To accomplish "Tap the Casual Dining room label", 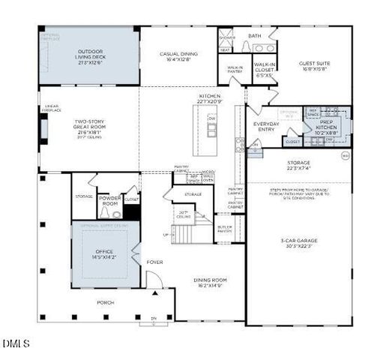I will point(178,58).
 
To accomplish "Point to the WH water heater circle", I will point(346,156).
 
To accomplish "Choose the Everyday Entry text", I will point(266,127).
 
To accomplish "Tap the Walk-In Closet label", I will point(265,70).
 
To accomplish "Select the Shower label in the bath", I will point(226,36).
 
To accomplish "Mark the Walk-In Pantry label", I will point(235,70).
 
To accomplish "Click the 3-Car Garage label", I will point(298,243).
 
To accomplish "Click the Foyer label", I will point(154,262).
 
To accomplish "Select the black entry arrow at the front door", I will point(155,293).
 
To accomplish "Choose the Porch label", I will point(105,303).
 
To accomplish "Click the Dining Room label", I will point(210,283).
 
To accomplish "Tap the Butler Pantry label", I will point(225,229).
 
